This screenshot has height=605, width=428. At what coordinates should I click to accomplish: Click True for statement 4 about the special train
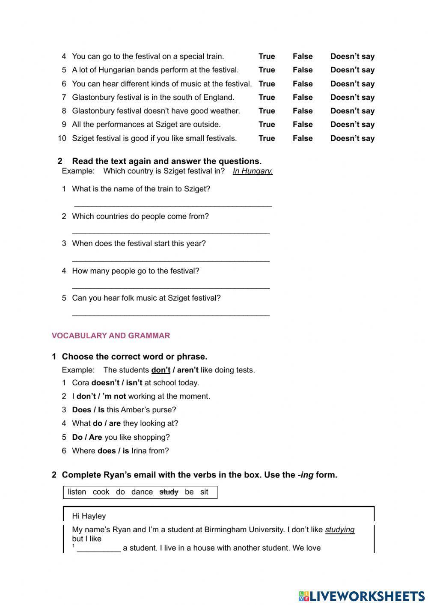pos(267,57)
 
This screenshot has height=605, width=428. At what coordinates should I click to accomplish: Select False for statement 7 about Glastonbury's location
pos(303,98)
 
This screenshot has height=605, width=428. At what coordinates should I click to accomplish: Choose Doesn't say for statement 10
pos(352,139)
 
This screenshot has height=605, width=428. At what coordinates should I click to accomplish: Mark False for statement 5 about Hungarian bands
pos(303,70)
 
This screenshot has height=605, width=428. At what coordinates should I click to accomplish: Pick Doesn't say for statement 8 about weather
pos(352,111)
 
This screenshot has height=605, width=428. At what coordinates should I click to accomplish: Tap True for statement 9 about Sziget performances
pos(267,125)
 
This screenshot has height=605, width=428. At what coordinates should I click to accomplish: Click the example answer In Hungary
pos(253,171)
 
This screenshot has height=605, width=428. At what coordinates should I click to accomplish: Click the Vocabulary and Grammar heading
pos(111,336)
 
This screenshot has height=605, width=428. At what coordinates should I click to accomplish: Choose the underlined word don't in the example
pos(160,370)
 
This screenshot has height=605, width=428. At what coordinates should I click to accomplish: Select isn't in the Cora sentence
pos(134,383)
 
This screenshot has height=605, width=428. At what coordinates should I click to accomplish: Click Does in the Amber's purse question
pos(81,410)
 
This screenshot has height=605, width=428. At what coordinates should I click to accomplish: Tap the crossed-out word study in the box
pos(169,492)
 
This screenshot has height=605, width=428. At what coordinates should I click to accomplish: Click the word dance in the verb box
pos(142,492)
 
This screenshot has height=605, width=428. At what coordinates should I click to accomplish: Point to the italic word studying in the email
pos(340,530)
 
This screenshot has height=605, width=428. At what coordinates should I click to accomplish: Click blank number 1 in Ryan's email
pos(99,548)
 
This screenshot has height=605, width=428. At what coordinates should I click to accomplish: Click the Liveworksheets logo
pos(361,596)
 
